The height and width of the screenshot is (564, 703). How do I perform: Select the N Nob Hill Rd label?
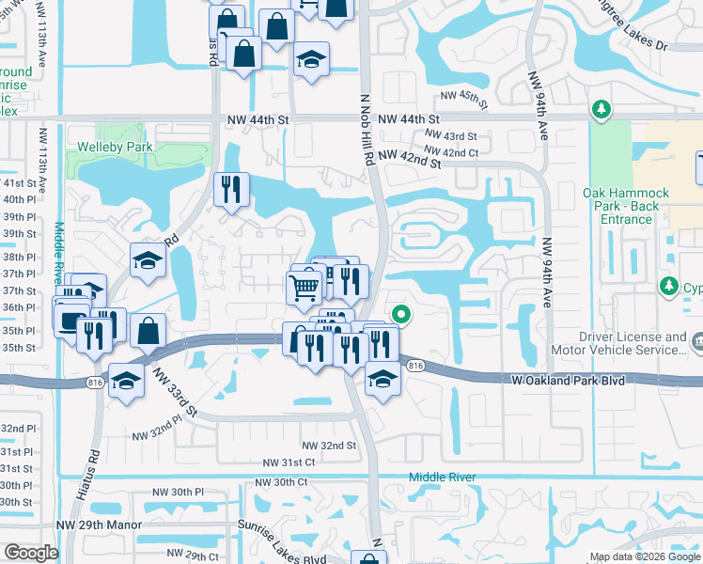(x=367, y=129)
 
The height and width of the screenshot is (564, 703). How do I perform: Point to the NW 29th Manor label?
(x=99, y=525)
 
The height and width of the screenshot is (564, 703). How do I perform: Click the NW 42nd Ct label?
(x=451, y=152)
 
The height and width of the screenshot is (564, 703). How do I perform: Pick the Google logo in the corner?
(x=31, y=553)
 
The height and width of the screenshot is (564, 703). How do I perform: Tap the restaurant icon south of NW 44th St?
(x=230, y=190)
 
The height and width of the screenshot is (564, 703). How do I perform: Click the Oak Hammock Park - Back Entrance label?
(x=626, y=206)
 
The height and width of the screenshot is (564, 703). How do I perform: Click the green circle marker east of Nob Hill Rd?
(x=401, y=315)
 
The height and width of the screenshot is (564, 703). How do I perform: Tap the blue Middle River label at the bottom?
(x=442, y=478)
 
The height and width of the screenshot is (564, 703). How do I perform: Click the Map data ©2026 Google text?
(x=645, y=557)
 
